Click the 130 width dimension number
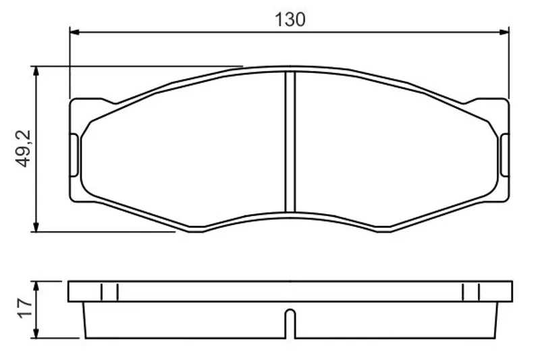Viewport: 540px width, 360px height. (x=290, y=20)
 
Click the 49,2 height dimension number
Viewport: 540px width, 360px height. (x=24, y=149)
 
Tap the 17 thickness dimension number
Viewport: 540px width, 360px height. (x=25, y=308)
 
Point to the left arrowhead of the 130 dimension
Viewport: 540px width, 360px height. (x=74, y=32)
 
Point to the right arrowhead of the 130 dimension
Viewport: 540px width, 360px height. (x=504, y=32)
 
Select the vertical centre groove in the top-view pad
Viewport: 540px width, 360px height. (x=290, y=142)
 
